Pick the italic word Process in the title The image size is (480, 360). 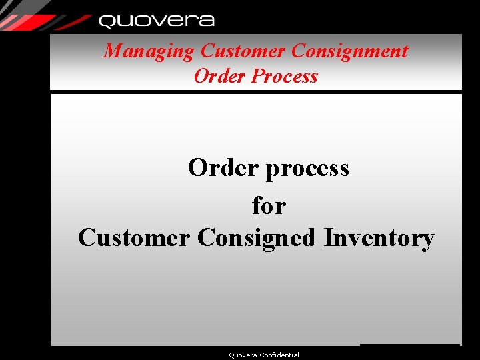coord(285,76)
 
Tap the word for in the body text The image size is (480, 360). coord(269,205)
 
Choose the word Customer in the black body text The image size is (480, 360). coord(134,238)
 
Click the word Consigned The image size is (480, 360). coord(257,239)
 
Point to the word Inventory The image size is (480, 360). coord(379,238)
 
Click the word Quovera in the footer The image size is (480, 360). coord(242,355)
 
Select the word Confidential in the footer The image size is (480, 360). coord(280,355)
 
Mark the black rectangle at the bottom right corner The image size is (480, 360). coord(409,351)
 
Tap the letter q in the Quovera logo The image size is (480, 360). coord(107,21)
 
